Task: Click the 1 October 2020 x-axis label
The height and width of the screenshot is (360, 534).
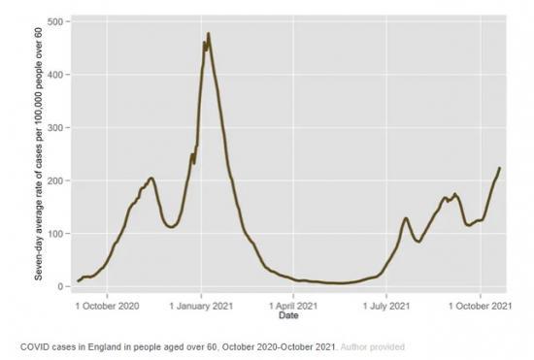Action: point(108,306)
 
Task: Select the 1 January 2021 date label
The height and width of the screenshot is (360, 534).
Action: point(201,306)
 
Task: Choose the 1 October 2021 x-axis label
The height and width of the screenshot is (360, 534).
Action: point(480,306)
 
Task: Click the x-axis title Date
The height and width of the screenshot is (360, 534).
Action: point(288,316)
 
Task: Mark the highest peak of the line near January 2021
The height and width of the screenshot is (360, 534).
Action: point(209,34)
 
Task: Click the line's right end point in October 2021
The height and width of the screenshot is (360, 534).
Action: point(499,168)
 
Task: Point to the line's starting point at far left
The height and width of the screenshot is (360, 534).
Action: point(79,281)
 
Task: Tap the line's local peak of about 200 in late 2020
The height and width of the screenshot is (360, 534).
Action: point(151,179)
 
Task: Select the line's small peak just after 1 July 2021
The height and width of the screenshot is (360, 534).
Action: point(405,218)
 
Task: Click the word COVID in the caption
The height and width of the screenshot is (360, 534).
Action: point(34,345)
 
